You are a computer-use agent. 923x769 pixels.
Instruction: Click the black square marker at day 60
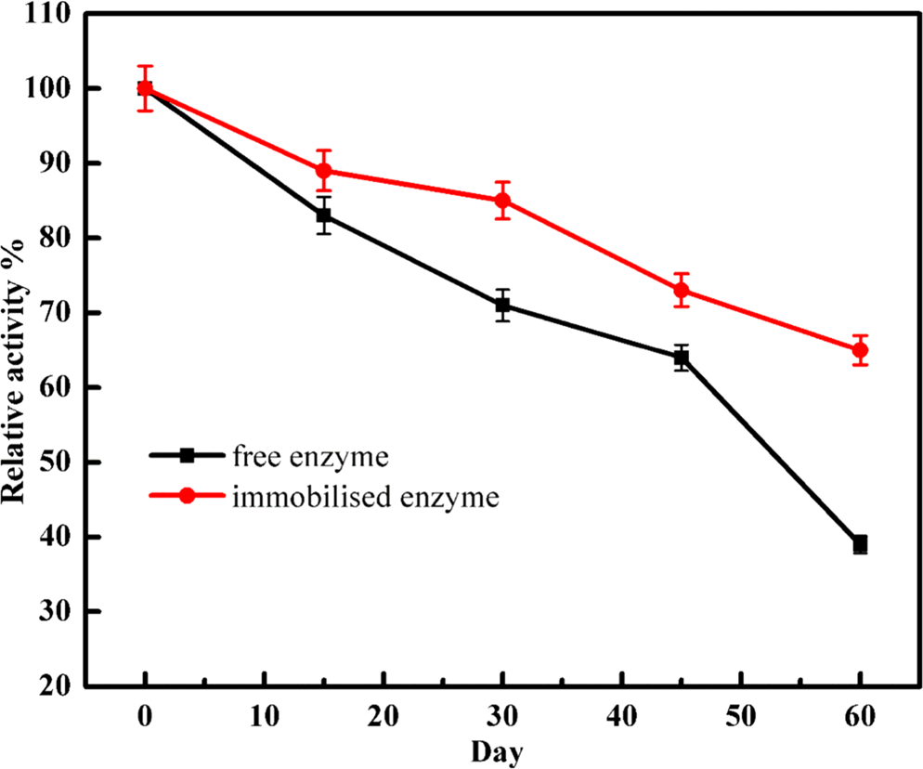[x=860, y=544]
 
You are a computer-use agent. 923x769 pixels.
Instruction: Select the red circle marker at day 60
[x=860, y=350]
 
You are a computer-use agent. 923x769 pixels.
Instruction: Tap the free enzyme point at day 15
[x=324, y=215]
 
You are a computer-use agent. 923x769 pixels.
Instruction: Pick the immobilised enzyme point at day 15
[x=324, y=171]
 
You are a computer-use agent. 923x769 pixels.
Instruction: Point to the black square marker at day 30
[x=502, y=305]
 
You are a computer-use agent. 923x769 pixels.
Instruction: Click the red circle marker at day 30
[x=502, y=201]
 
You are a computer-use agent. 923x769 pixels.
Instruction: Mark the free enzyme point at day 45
[x=682, y=358]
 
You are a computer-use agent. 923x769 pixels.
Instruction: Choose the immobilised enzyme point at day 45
[x=682, y=290]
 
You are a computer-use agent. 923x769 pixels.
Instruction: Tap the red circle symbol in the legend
[x=187, y=496]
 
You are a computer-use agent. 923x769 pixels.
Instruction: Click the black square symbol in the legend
[x=187, y=455]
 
